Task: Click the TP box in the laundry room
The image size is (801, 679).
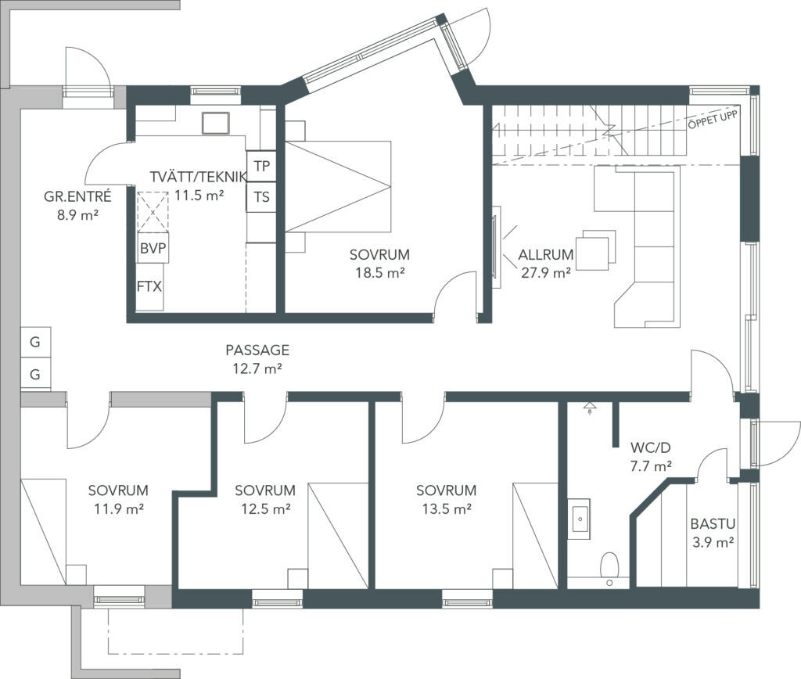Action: [261, 166]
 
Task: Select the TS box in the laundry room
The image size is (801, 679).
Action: [261, 197]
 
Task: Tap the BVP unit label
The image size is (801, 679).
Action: [153, 248]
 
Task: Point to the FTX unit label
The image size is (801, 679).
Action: [149, 286]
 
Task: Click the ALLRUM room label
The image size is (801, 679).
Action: [545, 254]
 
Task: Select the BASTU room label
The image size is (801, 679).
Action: [713, 523]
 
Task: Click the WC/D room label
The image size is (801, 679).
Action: [650, 448]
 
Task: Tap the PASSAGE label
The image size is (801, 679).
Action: [257, 350]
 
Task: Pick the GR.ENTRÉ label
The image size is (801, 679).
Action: [77, 196]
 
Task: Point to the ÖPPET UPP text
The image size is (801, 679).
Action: [713, 119]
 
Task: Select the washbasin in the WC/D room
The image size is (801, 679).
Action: [580, 519]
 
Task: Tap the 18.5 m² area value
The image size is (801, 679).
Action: [380, 273]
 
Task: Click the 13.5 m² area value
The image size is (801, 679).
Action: [447, 509]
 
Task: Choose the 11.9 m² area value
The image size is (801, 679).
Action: [118, 509]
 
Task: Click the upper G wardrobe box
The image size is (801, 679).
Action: [35, 343]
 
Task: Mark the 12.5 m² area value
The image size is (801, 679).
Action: [266, 509]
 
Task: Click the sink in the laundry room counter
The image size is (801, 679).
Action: [214, 123]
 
